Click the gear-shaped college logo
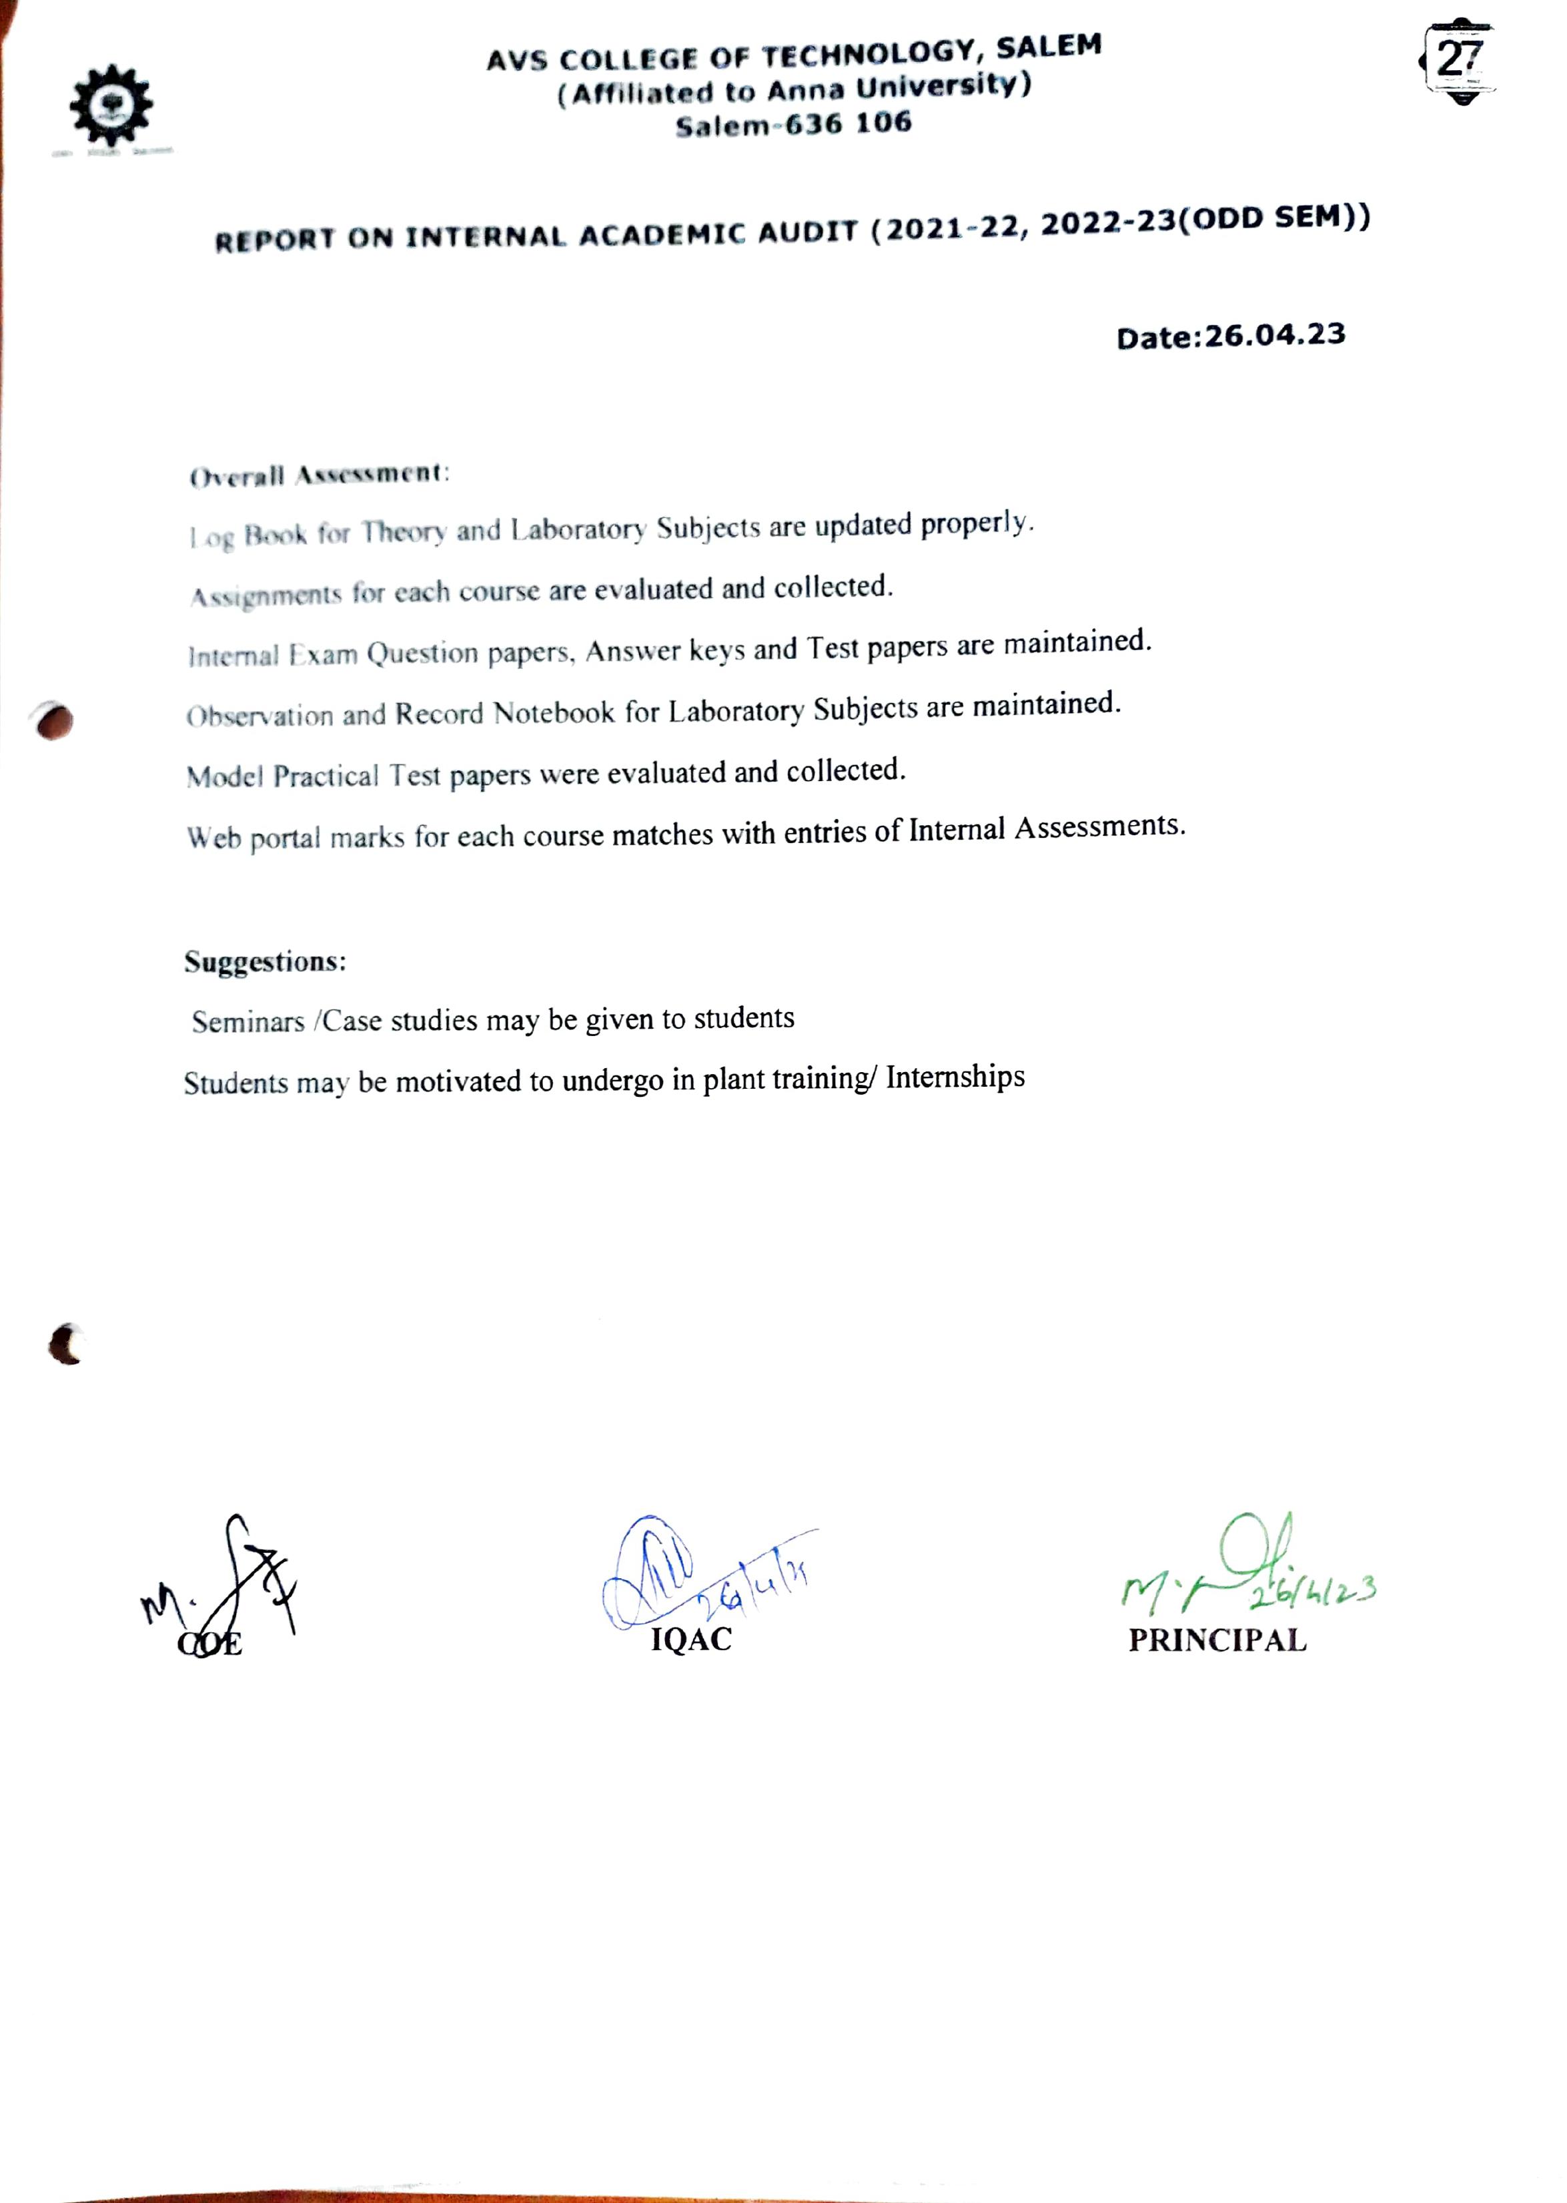click(x=111, y=105)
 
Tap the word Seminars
click(x=248, y=1021)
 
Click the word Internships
click(x=955, y=1076)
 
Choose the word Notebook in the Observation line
click(x=554, y=712)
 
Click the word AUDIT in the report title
click(x=808, y=232)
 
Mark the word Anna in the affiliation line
click(x=806, y=89)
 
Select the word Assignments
click(x=266, y=595)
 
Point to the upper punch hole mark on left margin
click(x=54, y=720)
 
